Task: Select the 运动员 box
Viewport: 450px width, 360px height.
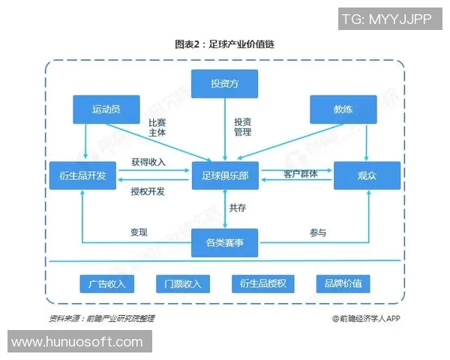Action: pos(106,109)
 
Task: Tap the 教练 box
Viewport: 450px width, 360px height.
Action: pos(343,109)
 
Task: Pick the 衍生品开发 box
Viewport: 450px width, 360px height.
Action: pos(82,175)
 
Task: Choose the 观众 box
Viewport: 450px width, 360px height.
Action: pos(367,175)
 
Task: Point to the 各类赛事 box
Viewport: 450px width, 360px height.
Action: pos(224,242)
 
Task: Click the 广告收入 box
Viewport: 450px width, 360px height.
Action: pos(106,283)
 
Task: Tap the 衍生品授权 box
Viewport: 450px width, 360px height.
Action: pos(264,283)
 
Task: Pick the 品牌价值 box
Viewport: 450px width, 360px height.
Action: pos(343,283)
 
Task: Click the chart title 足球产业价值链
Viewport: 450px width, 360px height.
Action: pos(224,44)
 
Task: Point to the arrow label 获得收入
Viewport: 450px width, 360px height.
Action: pos(148,162)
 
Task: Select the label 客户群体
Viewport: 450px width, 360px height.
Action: pos(300,174)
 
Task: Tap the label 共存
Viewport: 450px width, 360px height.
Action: pos(238,208)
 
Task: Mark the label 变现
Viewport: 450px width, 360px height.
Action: pos(139,232)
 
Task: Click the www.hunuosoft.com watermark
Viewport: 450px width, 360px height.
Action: pos(77,341)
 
